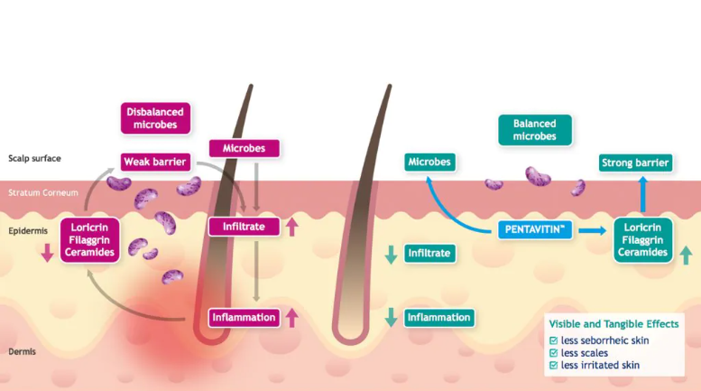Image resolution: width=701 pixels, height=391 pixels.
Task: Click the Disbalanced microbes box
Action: (155, 118)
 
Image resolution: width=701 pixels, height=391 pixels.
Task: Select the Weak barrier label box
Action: (155, 162)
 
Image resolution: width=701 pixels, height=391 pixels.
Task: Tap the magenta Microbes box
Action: (244, 148)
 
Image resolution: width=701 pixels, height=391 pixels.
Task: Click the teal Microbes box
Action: (429, 162)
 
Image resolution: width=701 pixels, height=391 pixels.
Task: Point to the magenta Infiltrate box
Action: (244, 227)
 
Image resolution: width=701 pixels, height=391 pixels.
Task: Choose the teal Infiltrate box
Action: (429, 253)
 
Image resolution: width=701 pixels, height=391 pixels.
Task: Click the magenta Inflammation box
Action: (244, 318)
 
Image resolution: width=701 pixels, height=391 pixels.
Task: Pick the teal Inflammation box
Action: (439, 318)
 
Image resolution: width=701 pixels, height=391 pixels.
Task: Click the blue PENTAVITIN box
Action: (535, 230)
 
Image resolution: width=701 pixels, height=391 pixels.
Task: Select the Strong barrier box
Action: (635, 163)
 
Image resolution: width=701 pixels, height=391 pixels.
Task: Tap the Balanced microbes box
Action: (535, 130)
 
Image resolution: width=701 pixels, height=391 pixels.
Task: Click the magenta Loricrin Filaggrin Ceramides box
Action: (89, 240)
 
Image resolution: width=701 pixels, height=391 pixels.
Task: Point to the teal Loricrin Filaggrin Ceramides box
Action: (642, 240)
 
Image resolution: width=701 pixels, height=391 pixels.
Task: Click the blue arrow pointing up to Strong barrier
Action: (643, 194)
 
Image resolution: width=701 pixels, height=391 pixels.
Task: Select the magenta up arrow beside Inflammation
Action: (292, 318)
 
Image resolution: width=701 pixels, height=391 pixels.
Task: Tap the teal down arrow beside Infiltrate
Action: (392, 255)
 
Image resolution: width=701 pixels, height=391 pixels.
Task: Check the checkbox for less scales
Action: (553, 353)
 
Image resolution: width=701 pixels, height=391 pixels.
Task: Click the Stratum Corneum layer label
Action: (43, 193)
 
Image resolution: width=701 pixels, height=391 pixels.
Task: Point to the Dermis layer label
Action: (22, 351)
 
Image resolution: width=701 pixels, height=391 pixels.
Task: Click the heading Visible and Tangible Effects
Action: (613, 324)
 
